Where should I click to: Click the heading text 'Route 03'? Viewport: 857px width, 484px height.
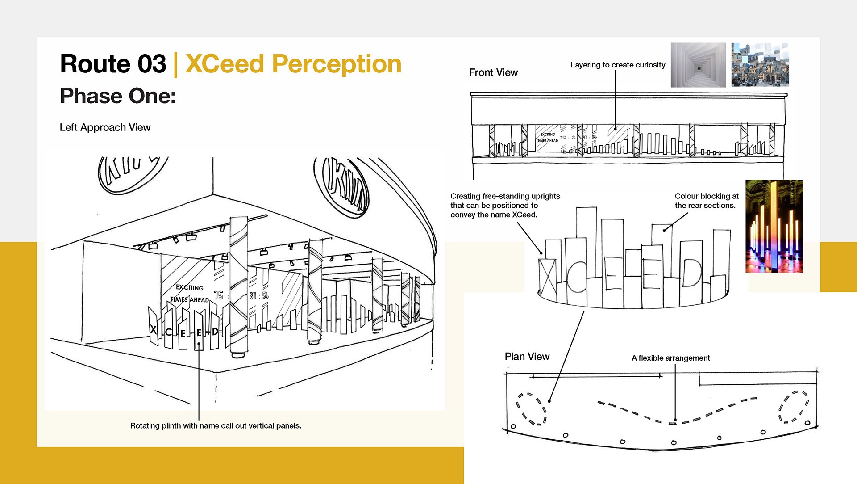pyautogui.click(x=113, y=64)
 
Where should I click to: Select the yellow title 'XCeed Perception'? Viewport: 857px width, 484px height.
pyautogui.click(x=293, y=64)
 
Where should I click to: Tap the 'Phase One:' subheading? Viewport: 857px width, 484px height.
pyautogui.click(x=118, y=96)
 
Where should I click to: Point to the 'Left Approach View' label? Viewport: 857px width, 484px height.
pyautogui.click(x=105, y=127)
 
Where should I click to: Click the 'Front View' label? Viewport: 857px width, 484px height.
pyautogui.click(x=493, y=72)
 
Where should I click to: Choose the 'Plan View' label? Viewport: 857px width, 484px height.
pyautogui.click(x=527, y=357)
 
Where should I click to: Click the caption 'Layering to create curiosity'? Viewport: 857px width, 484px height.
pyautogui.click(x=618, y=65)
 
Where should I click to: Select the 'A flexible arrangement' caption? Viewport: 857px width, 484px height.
pyautogui.click(x=670, y=358)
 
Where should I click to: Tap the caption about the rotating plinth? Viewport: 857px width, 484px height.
pyautogui.click(x=216, y=426)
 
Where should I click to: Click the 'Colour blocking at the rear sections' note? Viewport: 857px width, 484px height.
pyautogui.click(x=706, y=201)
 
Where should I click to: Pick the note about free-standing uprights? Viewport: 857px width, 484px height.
pyautogui.click(x=505, y=205)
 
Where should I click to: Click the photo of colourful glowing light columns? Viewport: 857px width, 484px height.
pyautogui.click(x=774, y=226)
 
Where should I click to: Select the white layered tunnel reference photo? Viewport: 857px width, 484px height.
pyautogui.click(x=698, y=65)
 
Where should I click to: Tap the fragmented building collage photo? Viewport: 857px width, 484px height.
pyautogui.click(x=760, y=65)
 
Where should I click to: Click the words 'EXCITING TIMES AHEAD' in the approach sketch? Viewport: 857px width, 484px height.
pyautogui.click(x=189, y=294)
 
